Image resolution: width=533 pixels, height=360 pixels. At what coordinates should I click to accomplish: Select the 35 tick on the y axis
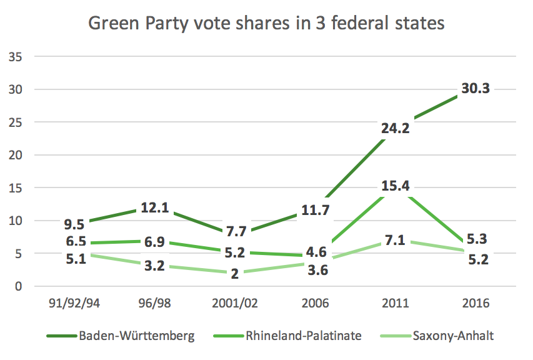[x=16, y=57]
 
